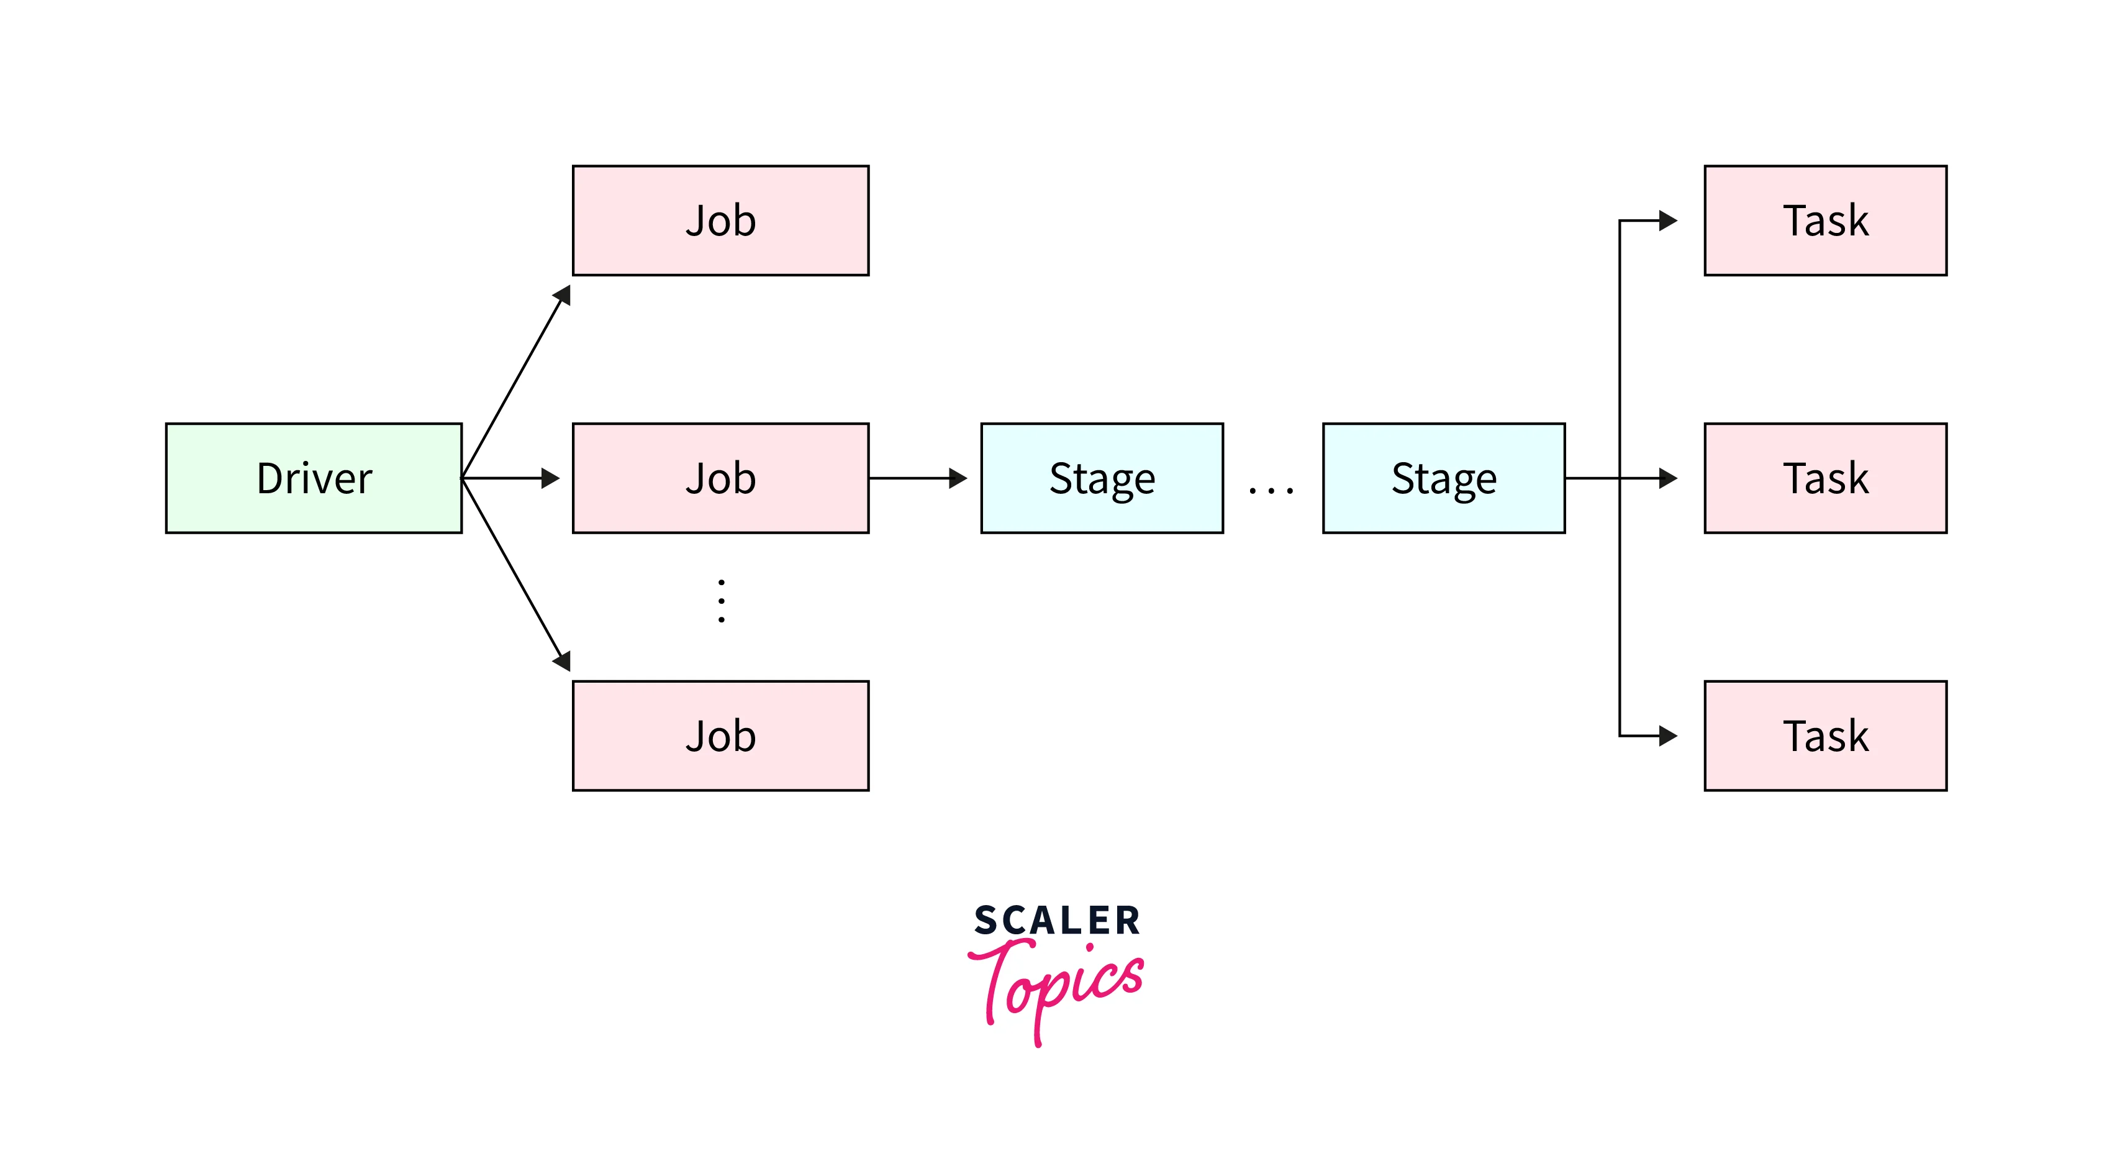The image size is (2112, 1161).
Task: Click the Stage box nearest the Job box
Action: point(1101,478)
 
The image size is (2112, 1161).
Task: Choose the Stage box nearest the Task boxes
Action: point(1443,478)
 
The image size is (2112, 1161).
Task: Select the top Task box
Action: point(1825,221)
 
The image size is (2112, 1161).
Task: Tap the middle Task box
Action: point(1825,478)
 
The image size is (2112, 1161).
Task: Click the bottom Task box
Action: point(1825,735)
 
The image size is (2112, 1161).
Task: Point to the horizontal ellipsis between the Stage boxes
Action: point(1270,490)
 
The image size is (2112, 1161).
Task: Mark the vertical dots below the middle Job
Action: point(721,601)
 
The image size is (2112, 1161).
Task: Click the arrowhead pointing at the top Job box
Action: point(563,295)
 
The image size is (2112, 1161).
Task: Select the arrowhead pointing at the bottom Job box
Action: point(563,661)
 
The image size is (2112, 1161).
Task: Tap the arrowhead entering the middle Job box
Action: point(550,478)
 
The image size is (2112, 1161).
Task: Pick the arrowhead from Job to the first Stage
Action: point(958,478)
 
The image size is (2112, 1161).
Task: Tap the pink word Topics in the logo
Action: point(1057,984)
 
